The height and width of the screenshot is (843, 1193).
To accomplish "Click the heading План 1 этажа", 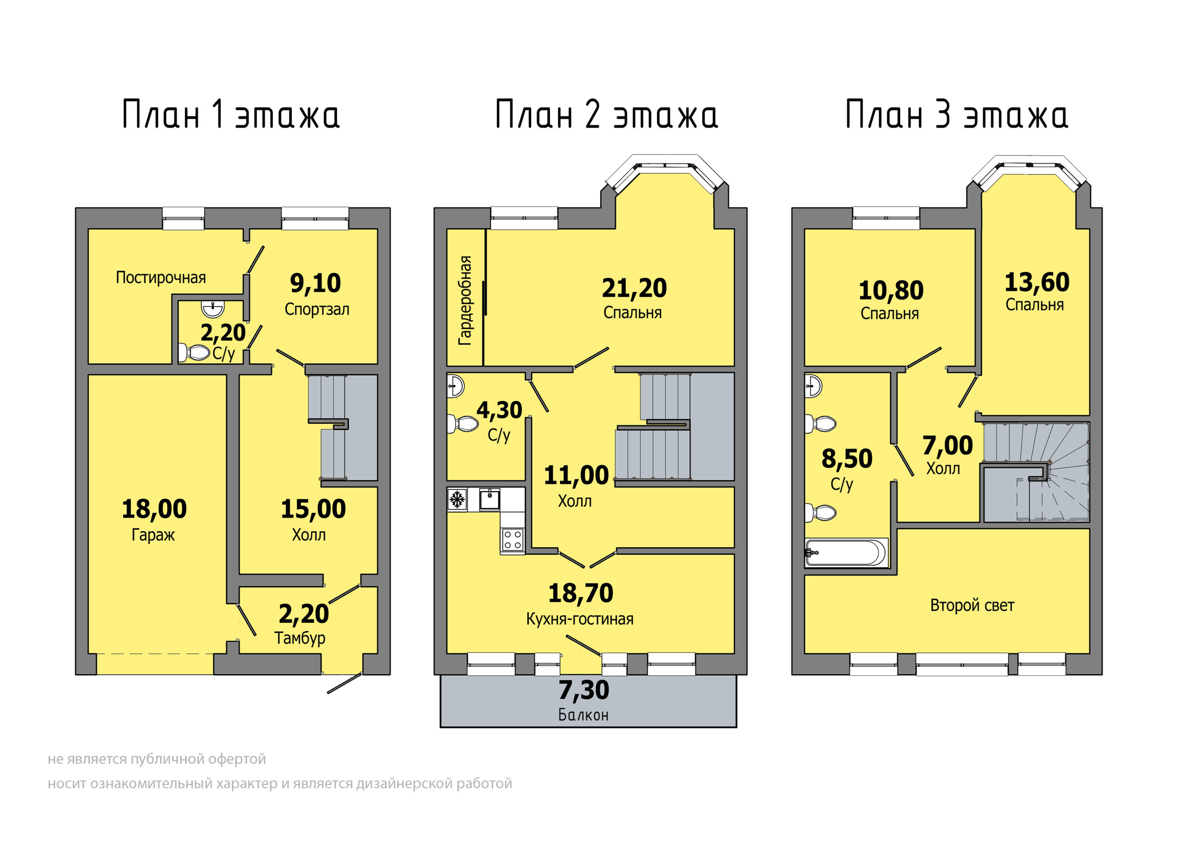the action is [231, 114].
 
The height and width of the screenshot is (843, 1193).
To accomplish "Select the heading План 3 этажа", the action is [957, 114].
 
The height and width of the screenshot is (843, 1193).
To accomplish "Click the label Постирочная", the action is [161, 278].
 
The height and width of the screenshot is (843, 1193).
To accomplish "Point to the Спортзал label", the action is [317, 310].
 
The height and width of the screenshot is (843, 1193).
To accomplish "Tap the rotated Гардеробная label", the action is [465, 300].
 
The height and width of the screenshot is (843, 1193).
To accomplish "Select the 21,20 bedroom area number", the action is [634, 288].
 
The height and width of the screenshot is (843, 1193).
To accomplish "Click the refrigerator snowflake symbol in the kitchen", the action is [457, 500].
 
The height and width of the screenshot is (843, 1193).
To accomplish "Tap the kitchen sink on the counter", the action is [489, 499].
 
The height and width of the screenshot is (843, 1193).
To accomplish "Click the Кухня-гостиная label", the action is [580, 619].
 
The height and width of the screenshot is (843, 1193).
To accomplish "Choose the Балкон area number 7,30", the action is [584, 690].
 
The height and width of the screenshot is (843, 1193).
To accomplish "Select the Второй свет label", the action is [972, 605].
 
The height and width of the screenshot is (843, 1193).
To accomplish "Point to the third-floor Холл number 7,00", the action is [948, 446].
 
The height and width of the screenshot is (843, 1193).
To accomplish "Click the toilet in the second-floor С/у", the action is [462, 423].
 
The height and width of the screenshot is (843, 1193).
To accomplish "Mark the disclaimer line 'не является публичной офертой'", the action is [157, 759].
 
